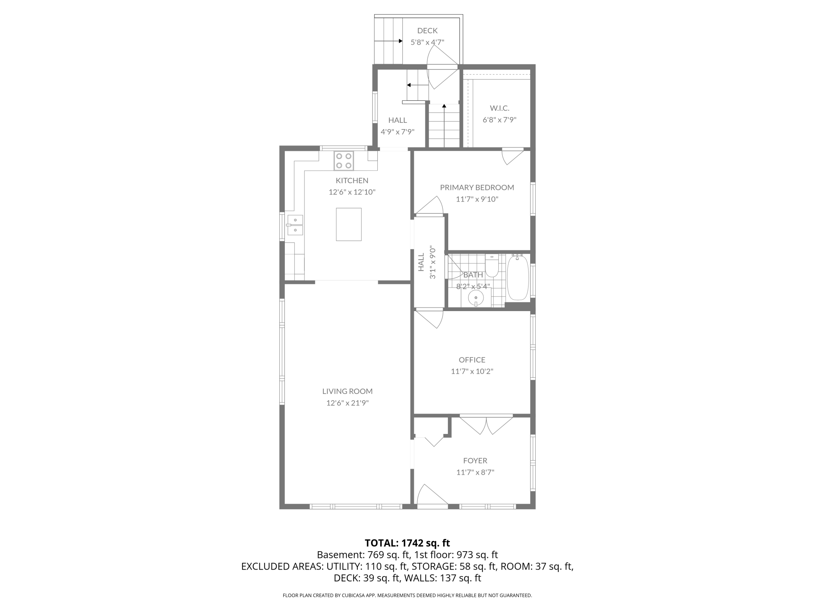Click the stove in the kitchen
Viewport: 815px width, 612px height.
[x=344, y=161]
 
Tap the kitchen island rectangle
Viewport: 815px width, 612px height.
[x=348, y=224]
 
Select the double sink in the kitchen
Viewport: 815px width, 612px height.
[x=295, y=225]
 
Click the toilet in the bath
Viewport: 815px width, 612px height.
[x=491, y=266]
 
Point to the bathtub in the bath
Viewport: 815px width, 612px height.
[x=518, y=277]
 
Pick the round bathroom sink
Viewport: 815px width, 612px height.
[x=476, y=299]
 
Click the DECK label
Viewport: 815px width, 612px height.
[x=427, y=31]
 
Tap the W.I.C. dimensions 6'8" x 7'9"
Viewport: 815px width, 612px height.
[x=499, y=120]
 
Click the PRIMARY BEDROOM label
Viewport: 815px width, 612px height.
[x=477, y=188]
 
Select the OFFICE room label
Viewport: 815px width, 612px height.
[x=472, y=360]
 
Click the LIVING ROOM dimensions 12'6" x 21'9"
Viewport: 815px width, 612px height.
[x=347, y=403]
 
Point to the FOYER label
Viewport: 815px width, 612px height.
[x=475, y=461]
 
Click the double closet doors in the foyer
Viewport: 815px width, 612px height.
[x=486, y=424]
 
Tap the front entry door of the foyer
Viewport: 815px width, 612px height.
[x=431, y=496]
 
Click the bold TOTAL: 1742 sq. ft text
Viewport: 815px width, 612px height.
[x=407, y=543]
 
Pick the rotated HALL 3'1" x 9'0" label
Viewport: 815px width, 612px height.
[x=426, y=262]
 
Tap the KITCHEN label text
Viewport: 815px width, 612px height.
[x=352, y=180]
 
